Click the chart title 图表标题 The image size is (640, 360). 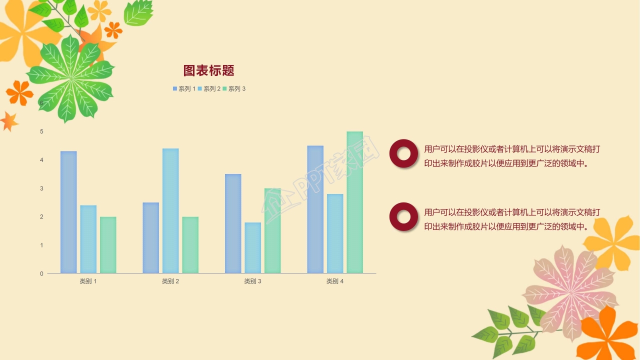coord(208,70)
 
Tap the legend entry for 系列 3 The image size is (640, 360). coord(234,89)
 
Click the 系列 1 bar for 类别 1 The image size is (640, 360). coord(68,212)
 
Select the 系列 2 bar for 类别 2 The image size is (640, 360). coord(170,210)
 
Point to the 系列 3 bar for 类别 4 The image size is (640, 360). coord(354,202)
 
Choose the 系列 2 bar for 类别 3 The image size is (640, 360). coord(253,247)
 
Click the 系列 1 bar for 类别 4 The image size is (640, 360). coord(315,209)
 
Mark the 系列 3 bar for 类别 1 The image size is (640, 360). coord(108,245)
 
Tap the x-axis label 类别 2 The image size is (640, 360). coord(170,281)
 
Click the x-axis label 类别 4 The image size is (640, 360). coord(335,281)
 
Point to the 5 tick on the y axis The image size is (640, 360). coord(42,131)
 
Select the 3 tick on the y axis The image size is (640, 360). coord(42,188)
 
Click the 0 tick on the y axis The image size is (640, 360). coord(42,273)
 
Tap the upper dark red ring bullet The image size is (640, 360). coord(403,153)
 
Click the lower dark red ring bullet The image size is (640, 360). coord(403,216)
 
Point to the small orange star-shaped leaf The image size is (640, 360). coord(8,121)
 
